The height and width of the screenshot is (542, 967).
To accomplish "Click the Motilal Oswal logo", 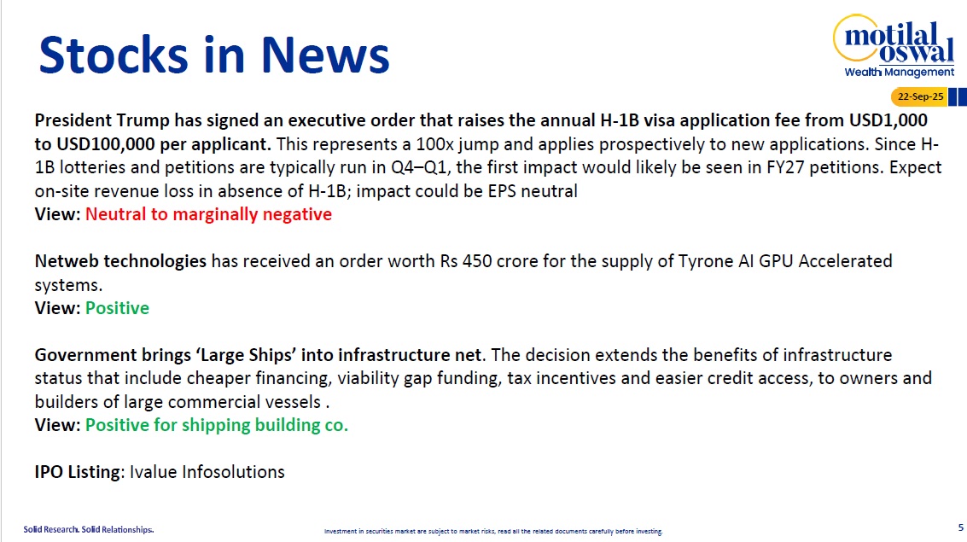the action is point(894,45).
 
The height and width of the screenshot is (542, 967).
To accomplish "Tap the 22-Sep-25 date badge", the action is point(919,96).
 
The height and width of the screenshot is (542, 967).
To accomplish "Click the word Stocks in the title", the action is point(114,55).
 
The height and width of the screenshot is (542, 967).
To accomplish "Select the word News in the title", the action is point(325,55).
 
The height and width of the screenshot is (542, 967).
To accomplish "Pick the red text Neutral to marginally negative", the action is point(208,214).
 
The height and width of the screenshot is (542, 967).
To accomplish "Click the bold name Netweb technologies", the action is point(120,261).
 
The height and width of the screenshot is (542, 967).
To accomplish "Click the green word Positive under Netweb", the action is point(117,308).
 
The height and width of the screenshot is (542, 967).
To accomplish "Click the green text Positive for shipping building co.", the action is point(217,425).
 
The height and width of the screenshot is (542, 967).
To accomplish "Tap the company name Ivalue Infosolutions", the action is point(207,472).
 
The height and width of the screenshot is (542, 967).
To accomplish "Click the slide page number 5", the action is point(960,527).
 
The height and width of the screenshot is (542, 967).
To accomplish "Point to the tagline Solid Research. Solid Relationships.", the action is point(89,530).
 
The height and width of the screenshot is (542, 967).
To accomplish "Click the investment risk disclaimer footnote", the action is point(493,531).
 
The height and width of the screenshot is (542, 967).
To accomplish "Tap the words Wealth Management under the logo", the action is point(900,73).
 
